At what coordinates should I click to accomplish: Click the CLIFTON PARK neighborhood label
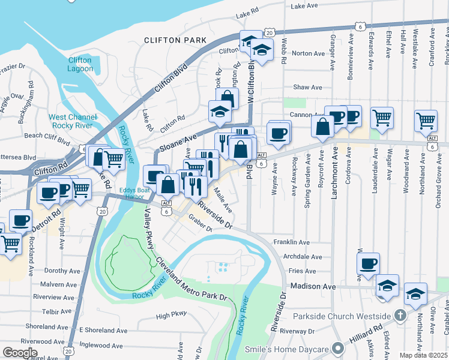click(x=175, y=40)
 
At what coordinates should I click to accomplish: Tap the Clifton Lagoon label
click(x=80, y=64)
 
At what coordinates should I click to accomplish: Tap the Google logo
click(x=20, y=353)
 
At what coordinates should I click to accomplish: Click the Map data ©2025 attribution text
click(x=423, y=355)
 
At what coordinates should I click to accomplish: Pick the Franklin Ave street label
click(x=291, y=242)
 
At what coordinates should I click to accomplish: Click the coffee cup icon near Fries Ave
click(x=369, y=263)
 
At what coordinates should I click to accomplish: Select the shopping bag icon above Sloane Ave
click(x=227, y=98)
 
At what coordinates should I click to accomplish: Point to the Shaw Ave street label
click(x=307, y=87)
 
